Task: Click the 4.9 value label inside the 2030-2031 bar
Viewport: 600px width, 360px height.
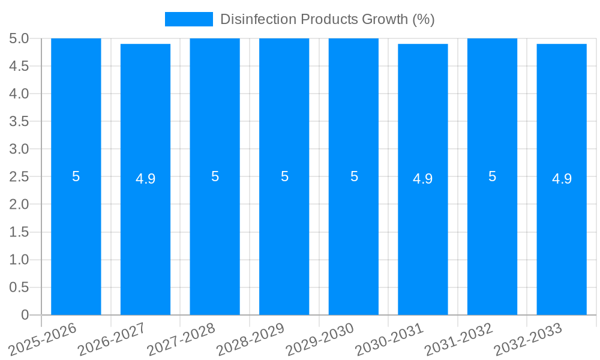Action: click(x=423, y=179)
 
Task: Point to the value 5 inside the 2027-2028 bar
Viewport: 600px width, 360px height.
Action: click(x=215, y=177)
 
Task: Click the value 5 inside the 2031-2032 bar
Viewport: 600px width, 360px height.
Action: click(x=492, y=177)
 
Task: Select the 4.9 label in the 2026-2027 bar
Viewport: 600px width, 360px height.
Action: click(x=145, y=179)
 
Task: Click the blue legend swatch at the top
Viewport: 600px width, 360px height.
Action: click(x=188, y=19)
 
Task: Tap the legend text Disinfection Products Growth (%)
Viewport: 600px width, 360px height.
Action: click(x=327, y=19)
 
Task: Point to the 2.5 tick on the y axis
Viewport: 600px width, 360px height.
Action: click(x=19, y=177)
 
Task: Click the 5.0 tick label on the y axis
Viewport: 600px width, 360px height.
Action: click(x=19, y=39)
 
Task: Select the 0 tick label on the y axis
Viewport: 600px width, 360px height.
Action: click(x=25, y=315)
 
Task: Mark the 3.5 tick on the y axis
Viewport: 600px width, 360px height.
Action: click(x=19, y=122)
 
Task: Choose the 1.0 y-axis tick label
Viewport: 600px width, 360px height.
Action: click(x=19, y=260)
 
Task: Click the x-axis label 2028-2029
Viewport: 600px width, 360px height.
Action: click(x=251, y=339)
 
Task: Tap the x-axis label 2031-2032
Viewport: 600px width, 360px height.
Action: click(x=459, y=339)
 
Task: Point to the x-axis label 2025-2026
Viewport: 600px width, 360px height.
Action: click(x=43, y=339)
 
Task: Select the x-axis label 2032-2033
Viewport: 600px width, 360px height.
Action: click(x=529, y=339)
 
